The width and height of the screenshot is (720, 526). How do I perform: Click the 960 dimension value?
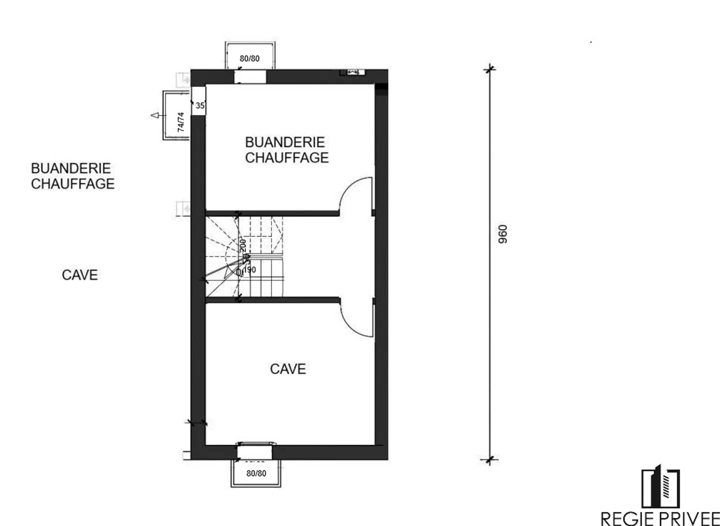click(x=503, y=234)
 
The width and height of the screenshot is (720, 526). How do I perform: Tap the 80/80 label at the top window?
click(x=249, y=58)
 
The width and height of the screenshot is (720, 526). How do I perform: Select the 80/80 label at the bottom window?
click(x=256, y=473)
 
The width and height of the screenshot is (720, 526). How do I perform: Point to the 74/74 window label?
click(x=180, y=121)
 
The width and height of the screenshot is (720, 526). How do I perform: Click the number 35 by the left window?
click(x=200, y=105)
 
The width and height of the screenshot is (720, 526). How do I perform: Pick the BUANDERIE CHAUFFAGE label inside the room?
click(x=286, y=150)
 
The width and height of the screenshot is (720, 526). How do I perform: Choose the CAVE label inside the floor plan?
click(x=287, y=369)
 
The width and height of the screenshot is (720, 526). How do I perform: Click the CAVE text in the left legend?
click(x=79, y=275)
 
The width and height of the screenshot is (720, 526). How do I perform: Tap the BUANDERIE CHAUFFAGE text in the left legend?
click(x=72, y=176)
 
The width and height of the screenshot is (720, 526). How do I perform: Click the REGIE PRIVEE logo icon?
click(x=660, y=488)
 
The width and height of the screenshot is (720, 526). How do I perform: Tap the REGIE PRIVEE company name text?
click(x=659, y=518)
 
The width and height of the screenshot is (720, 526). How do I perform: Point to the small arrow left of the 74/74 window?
click(x=155, y=115)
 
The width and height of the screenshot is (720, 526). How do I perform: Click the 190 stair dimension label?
click(x=249, y=270)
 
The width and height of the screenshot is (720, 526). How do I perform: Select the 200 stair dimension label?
click(x=243, y=245)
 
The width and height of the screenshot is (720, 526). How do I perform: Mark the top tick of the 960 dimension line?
click(x=489, y=68)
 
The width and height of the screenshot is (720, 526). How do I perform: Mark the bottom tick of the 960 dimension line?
click(x=489, y=460)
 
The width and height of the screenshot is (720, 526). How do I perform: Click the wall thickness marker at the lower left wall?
click(x=196, y=423)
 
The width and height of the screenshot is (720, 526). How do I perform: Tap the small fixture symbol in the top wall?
click(x=352, y=72)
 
